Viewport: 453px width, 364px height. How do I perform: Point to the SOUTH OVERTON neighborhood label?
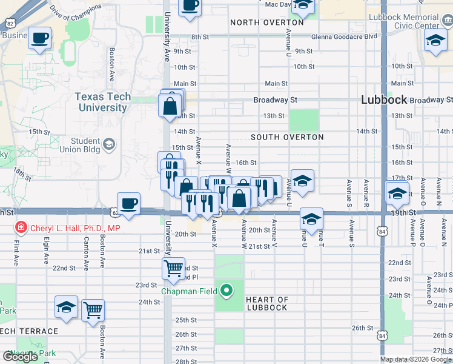point(287,137)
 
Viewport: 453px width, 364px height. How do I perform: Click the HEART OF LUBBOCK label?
point(267,303)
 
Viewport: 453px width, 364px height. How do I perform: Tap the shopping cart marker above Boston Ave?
point(93,311)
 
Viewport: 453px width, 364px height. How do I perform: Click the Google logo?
point(20,357)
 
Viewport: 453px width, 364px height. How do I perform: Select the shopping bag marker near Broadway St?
point(170,106)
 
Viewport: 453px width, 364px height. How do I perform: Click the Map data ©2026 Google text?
point(415,359)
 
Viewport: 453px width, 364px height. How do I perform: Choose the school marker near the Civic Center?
point(435,42)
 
